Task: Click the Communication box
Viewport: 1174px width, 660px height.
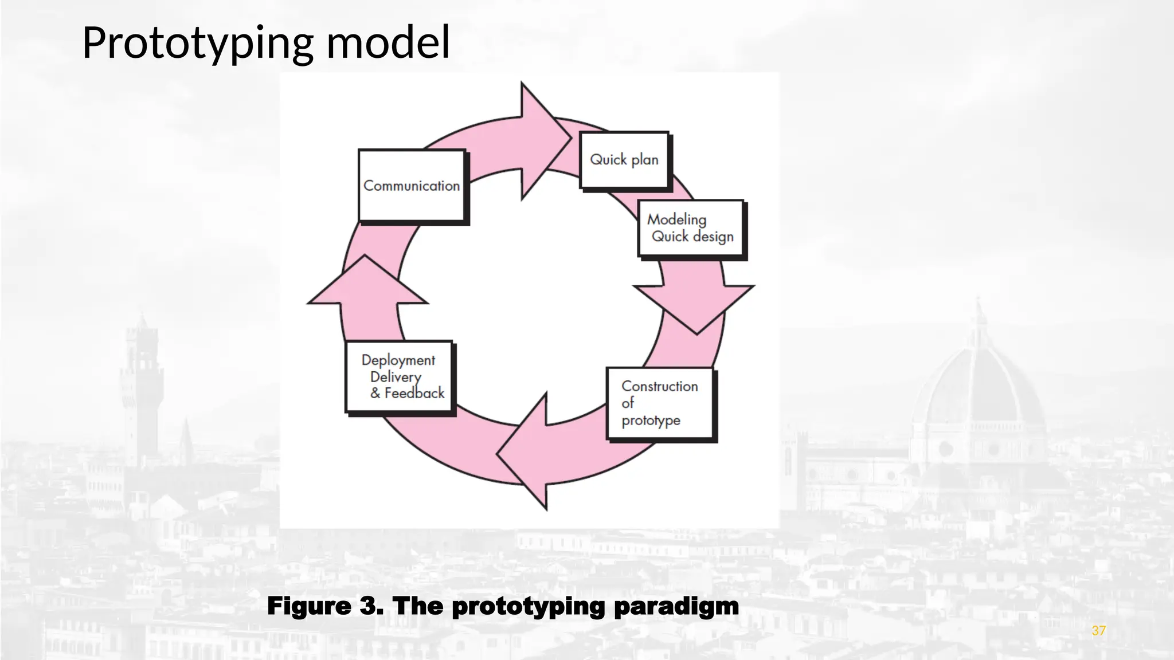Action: (x=411, y=186)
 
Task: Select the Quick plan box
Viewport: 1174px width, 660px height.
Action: (x=624, y=160)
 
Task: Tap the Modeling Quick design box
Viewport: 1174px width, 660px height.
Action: (x=690, y=228)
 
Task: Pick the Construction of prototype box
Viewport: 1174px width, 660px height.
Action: (x=660, y=403)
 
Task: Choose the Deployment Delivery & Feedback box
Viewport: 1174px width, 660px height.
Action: (x=399, y=376)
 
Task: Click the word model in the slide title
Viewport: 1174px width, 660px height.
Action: (x=388, y=42)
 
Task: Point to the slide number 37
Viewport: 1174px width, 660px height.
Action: (x=1098, y=631)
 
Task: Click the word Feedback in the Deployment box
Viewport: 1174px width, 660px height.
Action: (x=414, y=394)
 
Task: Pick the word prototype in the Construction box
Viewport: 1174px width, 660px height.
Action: (x=651, y=421)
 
